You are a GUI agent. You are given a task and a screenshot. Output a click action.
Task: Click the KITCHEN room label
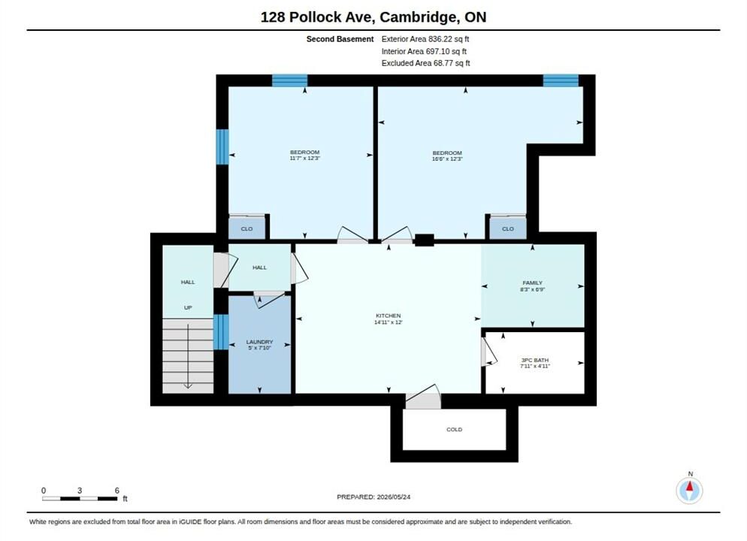[x=389, y=316]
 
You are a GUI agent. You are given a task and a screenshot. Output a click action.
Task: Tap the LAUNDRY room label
[x=259, y=342]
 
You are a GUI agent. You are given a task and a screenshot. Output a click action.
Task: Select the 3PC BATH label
[x=535, y=360]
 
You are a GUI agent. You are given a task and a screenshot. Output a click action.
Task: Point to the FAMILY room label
[x=533, y=283]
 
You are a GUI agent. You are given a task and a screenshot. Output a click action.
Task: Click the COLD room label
[x=455, y=430]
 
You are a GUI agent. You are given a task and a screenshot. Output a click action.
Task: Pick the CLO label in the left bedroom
[x=246, y=229]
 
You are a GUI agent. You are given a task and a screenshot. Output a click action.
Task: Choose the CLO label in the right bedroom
[x=508, y=229]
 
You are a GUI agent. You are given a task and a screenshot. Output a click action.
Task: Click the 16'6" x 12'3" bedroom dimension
[x=447, y=159]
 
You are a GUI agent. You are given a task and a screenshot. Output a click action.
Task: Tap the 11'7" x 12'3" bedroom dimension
[x=305, y=158]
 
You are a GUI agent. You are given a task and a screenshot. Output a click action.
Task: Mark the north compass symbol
[x=689, y=490]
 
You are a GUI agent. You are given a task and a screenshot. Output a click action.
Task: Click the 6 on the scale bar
[x=116, y=491]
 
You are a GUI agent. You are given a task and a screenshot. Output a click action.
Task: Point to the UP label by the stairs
[x=188, y=307]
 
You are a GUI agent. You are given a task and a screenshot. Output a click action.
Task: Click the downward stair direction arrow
[x=188, y=355]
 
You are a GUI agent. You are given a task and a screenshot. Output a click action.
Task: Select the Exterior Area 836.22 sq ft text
[x=425, y=39]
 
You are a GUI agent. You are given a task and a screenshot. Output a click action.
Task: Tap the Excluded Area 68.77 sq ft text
[x=426, y=63]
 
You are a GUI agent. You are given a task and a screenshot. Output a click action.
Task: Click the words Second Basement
[x=340, y=39]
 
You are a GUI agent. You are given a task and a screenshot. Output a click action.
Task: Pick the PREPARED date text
[x=373, y=497]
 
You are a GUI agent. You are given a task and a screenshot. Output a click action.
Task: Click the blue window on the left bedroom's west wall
[x=222, y=147]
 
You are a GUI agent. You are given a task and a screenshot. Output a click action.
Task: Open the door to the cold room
[x=423, y=397]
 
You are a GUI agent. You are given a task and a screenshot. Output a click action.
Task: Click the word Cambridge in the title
[x=417, y=17]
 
